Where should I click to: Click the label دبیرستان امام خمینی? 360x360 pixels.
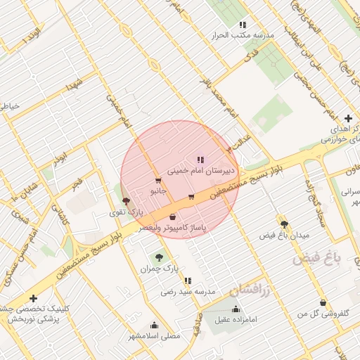click(201, 171)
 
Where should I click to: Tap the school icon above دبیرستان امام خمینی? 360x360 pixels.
click(201, 160)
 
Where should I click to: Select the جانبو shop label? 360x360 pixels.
click(158, 191)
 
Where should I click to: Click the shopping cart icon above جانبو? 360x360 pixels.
click(158, 180)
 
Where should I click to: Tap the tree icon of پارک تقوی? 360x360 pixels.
click(126, 201)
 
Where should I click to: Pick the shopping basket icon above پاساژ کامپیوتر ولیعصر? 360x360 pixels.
click(172, 217)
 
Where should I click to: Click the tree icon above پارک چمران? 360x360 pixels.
click(158, 257)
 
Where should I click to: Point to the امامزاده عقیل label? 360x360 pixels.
click(238, 320)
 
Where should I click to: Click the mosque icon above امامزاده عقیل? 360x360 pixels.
click(235, 309)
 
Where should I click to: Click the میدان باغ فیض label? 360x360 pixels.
click(284, 235)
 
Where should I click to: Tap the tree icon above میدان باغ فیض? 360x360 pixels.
click(284, 224)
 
